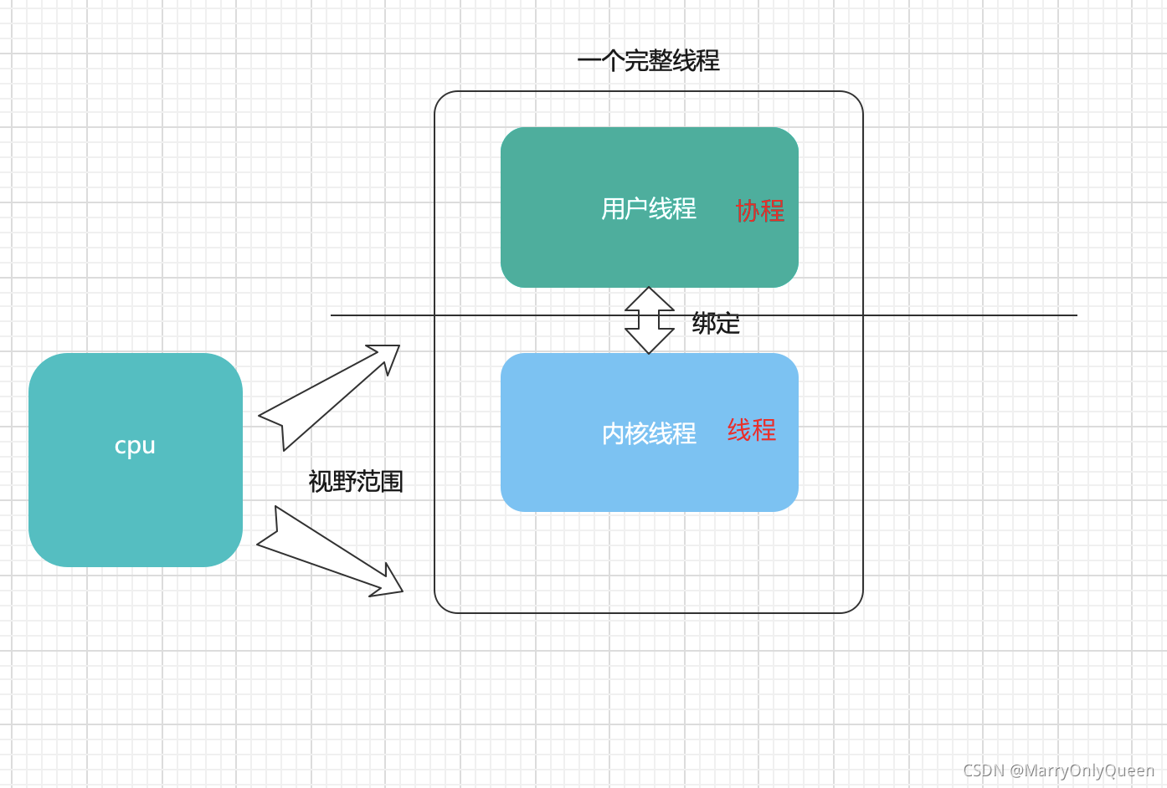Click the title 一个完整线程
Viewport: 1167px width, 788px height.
tap(648, 61)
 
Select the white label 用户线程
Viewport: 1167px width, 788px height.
tap(649, 208)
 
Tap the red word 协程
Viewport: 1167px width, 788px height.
tap(760, 211)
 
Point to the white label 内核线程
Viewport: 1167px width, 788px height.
tap(649, 433)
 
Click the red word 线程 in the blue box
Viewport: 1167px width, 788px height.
tap(752, 430)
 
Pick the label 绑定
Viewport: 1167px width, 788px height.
tap(716, 323)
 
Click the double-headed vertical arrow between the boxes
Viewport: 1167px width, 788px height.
tap(650, 320)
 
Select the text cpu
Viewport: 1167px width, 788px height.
tap(135, 446)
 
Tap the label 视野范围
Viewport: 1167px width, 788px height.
tap(356, 482)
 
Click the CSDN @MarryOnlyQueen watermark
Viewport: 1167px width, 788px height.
tap(1058, 770)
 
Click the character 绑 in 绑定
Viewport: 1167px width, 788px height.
tap(704, 323)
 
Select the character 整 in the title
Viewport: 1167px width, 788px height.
tap(660, 61)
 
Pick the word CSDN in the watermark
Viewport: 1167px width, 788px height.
tap(983, 770)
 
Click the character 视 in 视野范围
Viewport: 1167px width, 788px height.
tap(321, 482)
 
